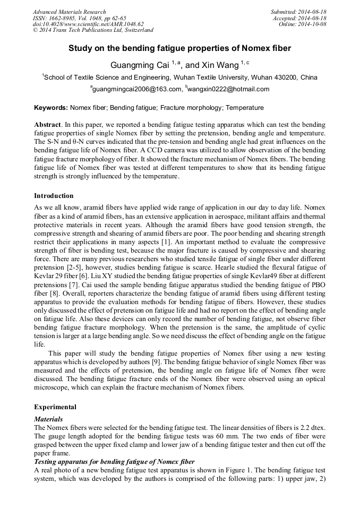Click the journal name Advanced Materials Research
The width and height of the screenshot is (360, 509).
click(x=69, y=12)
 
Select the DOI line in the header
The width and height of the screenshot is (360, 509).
click(x=88, y=24)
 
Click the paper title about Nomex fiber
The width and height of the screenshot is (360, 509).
click(x=179, y=48)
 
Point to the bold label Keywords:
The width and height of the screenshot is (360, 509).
click(x=51, y=108)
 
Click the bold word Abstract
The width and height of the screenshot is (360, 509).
click(x=49, y=123)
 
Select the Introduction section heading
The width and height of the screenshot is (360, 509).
click(x=54, y=196)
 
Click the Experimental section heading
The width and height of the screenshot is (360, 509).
click(x=55, y=407)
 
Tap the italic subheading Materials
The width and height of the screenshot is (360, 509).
click(x=48, y=419)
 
